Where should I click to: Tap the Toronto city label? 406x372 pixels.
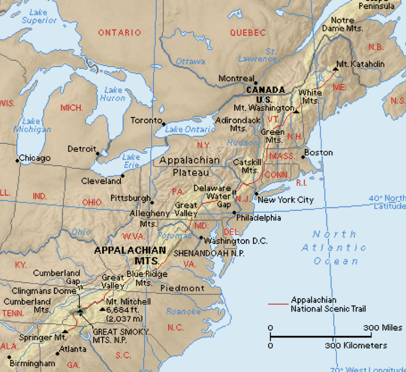(146, 120)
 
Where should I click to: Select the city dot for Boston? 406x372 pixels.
(303, 156)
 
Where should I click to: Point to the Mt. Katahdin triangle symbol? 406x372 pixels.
(335, 68)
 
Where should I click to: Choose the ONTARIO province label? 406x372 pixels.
(119, 33)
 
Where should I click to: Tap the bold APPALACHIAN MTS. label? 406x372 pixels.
(130, 255)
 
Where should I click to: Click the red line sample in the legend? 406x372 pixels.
(278, 304)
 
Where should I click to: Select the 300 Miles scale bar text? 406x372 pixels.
(384, 328)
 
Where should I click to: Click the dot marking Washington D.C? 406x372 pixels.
(201, 237)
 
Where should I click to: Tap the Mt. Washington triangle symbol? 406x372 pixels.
(297, 111)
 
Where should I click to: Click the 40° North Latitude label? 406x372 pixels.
(387, 202)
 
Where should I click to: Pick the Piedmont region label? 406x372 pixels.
(182, 288)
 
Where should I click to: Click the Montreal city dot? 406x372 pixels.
(256, 83)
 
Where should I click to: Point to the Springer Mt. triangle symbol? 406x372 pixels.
(65, 332)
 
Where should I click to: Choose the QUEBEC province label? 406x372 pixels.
(248, 33)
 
